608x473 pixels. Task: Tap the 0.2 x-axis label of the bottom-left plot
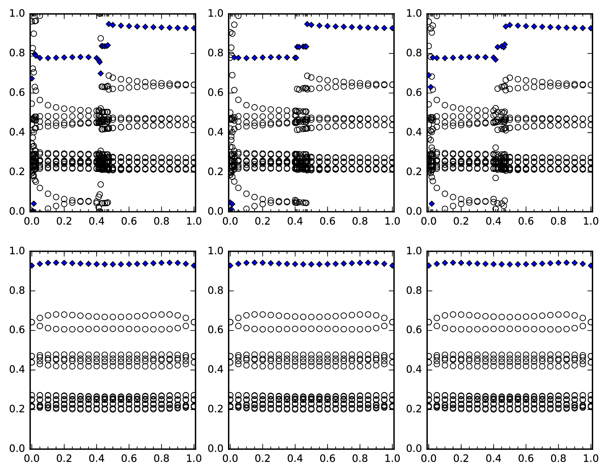[x=64, y=458]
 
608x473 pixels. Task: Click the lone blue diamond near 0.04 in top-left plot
[x=34, y=203]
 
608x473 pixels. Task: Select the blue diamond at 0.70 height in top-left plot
[x=101, y=73]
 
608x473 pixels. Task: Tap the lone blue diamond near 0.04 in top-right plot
[x=432, y=204]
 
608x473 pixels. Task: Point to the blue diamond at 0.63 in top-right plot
[x=431, y=87]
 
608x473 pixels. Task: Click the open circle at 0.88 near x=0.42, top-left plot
[x=101, y=38]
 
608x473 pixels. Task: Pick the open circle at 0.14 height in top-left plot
[x=101, y=184]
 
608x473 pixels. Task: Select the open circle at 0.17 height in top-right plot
[x=496, y=178]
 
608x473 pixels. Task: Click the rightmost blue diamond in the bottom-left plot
[x=194, y=265]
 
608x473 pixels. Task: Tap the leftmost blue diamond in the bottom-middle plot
[x=230, y=265]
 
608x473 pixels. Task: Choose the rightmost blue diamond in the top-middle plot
[x=392, y=28]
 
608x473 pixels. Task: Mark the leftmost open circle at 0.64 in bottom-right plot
[x=429, y=322]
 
